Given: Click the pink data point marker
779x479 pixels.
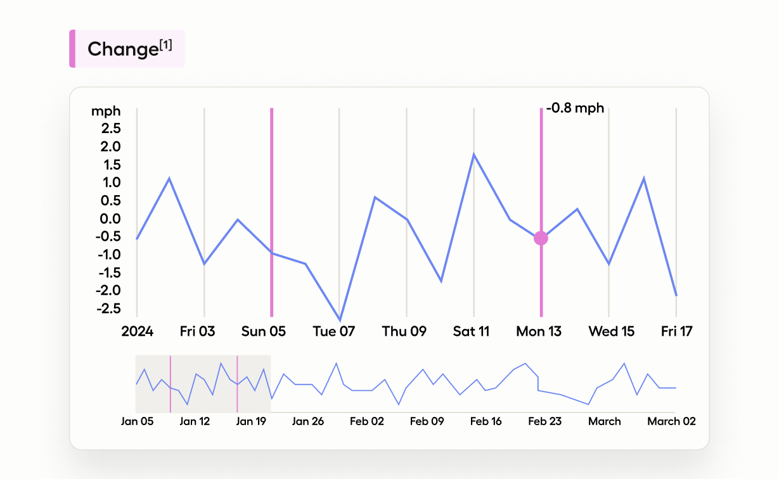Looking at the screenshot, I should click(541, 238).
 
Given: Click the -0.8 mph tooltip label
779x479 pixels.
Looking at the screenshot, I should click(575, 108).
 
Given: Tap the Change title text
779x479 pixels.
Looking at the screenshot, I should click(123, 49).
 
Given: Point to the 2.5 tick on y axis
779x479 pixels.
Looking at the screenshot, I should click(108, 129).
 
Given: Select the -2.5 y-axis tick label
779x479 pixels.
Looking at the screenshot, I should click(108, 309).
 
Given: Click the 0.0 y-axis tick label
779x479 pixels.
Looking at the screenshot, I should click(108, 219).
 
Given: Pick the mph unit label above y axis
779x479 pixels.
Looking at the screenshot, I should click(106, 112).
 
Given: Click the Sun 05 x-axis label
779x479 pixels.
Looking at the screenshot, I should click(264, 331).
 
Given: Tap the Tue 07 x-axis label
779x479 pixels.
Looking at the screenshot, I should click(334, 331).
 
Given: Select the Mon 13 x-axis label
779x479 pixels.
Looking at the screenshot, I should click(539, 331).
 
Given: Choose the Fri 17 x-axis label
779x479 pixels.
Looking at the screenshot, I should click(677, 331).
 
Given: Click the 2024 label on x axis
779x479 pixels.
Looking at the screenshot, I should click(138, 331).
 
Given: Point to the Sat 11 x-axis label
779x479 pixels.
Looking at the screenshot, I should click(472, 331).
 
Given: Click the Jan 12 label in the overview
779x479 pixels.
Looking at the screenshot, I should click(195, 421).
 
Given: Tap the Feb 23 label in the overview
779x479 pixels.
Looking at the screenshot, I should click(545, 421).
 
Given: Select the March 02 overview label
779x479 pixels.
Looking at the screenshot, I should click(671, 421).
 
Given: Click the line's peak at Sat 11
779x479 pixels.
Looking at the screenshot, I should click(473, 154).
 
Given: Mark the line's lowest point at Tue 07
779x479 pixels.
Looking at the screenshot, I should click(340, 321).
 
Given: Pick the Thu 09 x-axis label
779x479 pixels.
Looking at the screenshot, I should click(404, 331).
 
